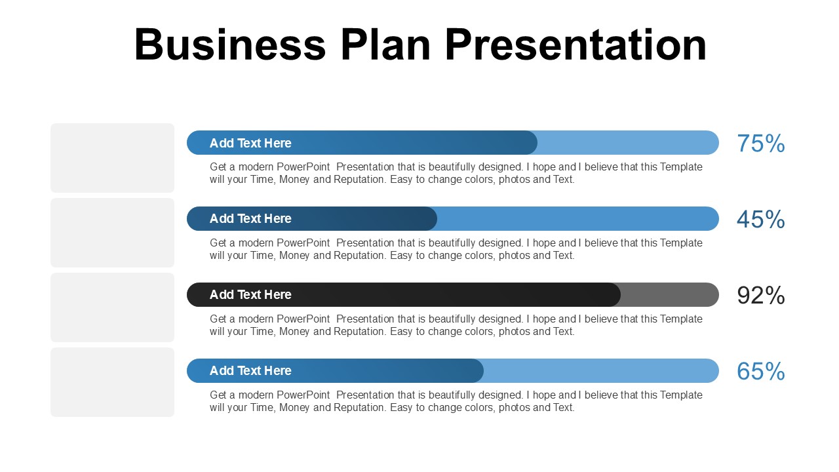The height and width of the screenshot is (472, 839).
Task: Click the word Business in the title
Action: (229, 45)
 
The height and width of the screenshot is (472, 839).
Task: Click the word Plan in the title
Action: (385, 45)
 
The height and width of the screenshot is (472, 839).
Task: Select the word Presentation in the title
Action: (576, 45)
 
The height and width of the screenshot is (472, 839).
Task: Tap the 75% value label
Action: (760, 144)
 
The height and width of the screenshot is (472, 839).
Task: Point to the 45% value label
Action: (760, 220)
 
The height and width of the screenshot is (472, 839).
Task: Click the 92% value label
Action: (760, 296)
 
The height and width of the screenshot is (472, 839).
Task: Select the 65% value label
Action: (760, 372)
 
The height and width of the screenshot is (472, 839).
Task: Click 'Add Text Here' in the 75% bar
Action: (250, 143)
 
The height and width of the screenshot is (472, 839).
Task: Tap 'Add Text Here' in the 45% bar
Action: (250, 219)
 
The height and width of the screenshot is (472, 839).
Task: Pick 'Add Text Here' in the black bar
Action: (250, 295)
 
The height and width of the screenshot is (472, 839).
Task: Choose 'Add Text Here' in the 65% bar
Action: (250, 371)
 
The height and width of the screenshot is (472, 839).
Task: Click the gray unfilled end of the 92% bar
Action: (669, 295)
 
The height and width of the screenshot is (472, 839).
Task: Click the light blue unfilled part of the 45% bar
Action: (577, 219)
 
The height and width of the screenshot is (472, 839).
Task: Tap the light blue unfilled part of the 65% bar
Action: (600, 371)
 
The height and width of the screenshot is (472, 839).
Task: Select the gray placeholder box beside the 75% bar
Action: (112, 158)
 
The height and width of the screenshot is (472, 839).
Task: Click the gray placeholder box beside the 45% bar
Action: (112, 233)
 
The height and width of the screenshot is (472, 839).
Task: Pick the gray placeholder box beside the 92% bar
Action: (112, 307)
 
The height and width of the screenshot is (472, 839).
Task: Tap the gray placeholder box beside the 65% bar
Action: (112, 382)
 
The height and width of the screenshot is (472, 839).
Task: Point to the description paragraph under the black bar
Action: (456, 325)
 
